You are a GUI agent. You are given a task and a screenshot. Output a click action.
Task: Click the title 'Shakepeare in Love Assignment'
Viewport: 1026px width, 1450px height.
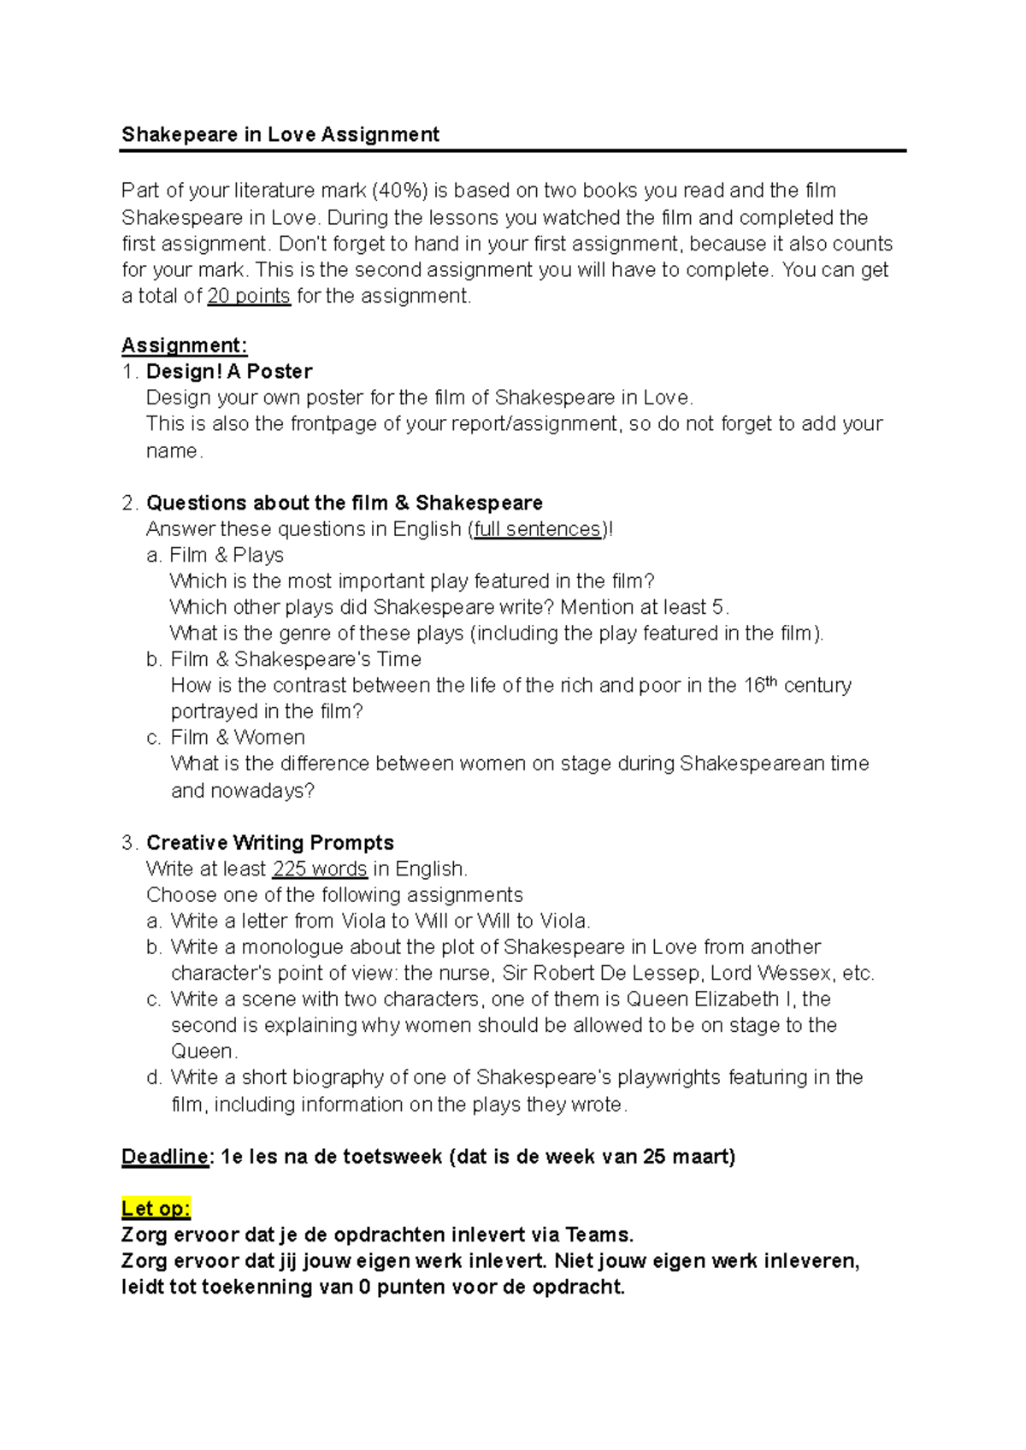(280, 134)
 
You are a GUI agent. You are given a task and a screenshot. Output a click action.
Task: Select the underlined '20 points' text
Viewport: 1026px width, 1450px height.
(249, 297)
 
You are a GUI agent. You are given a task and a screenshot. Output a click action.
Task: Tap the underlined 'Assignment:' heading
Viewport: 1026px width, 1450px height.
(184, 345)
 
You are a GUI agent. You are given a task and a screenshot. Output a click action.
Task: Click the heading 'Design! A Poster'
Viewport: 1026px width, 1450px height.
(229, 372)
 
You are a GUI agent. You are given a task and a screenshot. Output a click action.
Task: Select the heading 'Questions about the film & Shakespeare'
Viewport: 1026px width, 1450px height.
(345, 503)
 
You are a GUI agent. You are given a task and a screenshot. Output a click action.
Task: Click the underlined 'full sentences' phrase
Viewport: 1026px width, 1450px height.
(537, 529)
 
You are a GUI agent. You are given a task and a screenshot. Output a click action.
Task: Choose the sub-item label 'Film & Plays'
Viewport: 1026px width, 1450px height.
(227, 556)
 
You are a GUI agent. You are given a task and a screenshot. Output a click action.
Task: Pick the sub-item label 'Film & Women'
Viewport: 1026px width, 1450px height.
(238, 738)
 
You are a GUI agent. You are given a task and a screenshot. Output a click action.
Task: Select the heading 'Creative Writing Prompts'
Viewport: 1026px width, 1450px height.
(270, 843)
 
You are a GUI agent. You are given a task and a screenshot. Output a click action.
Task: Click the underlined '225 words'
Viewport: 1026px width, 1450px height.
(319, 869)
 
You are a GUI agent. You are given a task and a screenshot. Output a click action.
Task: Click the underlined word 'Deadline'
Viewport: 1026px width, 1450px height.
(165, 1157)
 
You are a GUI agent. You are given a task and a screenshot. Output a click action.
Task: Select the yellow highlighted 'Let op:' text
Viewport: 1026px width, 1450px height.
(156, 1209)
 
